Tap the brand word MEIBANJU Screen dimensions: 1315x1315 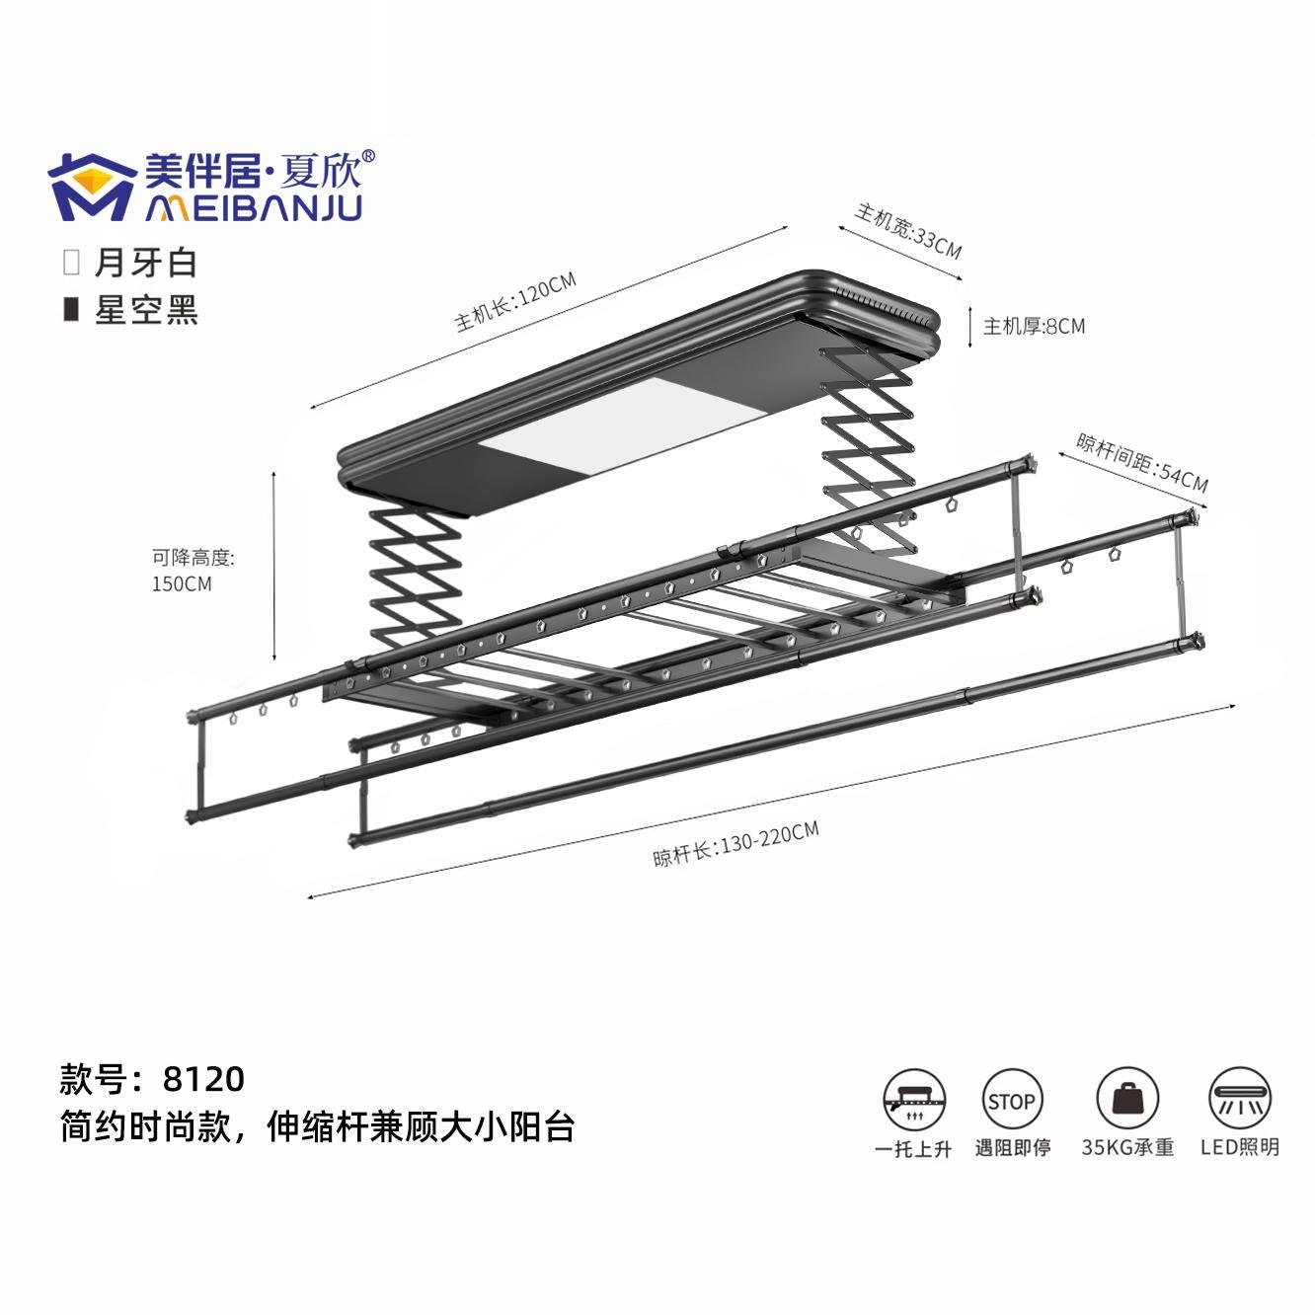point(254,207)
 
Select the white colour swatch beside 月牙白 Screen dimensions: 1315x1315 point(71,262)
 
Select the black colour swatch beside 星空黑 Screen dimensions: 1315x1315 point(71,309)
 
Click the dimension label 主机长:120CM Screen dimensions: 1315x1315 point(514,302)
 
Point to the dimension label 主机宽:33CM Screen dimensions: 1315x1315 point(907,230)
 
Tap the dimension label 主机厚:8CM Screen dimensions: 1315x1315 point(1033,326)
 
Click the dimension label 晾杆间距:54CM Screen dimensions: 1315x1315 point(1140,462)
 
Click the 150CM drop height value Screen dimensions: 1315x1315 point(182,583)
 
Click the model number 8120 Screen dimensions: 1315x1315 point(203,1079)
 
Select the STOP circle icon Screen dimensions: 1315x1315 point(1012,1101)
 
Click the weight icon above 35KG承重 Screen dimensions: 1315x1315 point(1126,1100)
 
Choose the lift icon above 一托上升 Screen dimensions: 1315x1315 point(913,1100)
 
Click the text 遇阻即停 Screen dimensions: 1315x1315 point(1013,1148)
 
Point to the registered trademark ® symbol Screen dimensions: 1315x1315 point(368,156)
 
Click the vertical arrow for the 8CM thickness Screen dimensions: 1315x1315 point(971,326)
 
